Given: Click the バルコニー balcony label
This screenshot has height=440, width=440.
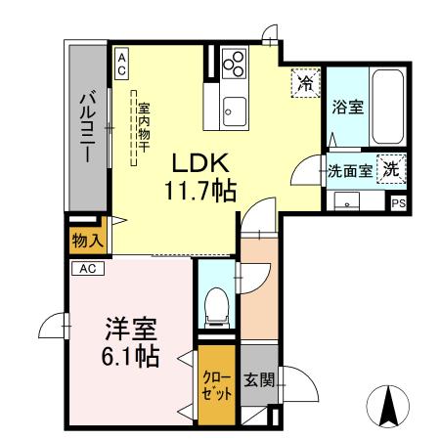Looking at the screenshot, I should [87, 127].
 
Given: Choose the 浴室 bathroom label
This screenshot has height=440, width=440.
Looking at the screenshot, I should [348, 109].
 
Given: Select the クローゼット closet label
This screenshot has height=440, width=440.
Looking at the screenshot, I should [216, 385].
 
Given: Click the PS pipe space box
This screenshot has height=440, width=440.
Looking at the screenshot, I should [399, 203].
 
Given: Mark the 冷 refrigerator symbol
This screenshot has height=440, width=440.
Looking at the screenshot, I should [306, 83].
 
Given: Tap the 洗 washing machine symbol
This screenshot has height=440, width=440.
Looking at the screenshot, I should [391, 167].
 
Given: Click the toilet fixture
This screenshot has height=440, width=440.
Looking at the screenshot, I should [214, 304].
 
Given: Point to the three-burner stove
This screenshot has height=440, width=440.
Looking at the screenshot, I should [235, 63].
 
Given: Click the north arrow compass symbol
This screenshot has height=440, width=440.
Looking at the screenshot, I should [388, 403].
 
